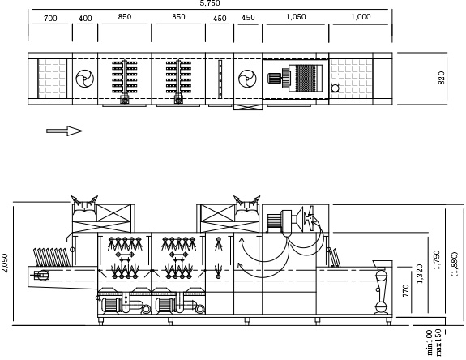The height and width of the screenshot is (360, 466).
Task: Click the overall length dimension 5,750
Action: click(x=210, y=3)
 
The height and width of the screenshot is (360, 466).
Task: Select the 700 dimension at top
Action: click(x=50, y=19)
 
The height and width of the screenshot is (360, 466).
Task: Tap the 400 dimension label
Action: click(x=85, y=19)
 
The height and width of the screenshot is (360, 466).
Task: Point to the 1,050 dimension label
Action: click(x=296, y=17)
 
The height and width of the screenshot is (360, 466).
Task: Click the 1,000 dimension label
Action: click(x=361, y=17)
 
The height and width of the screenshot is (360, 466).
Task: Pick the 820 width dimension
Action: click(x=442, y=78)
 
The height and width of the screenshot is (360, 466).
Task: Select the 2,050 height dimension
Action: click(x=5, y=263)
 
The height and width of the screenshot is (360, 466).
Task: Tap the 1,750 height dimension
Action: click(x=436, y=259)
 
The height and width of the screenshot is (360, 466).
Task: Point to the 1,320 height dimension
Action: click(x=419, y=274)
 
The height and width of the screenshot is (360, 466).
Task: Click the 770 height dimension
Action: click(x=406, y=290)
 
